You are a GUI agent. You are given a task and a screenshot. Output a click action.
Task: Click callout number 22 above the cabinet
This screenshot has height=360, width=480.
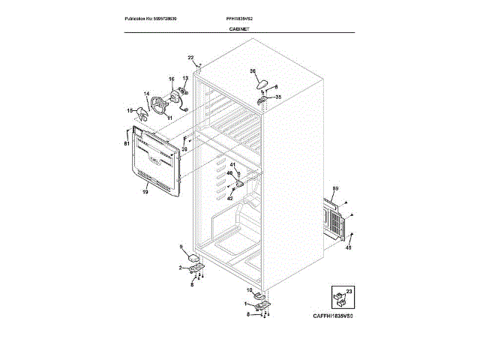(190, 58)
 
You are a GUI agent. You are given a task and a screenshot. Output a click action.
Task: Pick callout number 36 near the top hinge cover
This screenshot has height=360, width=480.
(253, 70)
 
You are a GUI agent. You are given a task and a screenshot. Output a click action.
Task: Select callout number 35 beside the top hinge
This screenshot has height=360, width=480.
(278, 97)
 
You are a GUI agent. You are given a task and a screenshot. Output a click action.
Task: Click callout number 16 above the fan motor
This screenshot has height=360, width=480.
(171, 79)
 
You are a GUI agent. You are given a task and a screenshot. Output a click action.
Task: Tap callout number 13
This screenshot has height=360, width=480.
(185, 78)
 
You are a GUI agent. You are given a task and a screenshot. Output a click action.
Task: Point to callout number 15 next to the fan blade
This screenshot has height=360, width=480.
(130, 110)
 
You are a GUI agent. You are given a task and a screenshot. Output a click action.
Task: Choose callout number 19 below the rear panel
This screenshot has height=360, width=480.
(145, 192)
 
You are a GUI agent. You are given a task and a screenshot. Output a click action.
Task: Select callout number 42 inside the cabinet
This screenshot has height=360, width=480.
(230, 198)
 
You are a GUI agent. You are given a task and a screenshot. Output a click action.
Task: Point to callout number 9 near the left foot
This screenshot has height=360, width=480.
(181, 247)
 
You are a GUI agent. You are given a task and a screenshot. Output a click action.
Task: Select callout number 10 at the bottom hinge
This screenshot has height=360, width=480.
(249, 289)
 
